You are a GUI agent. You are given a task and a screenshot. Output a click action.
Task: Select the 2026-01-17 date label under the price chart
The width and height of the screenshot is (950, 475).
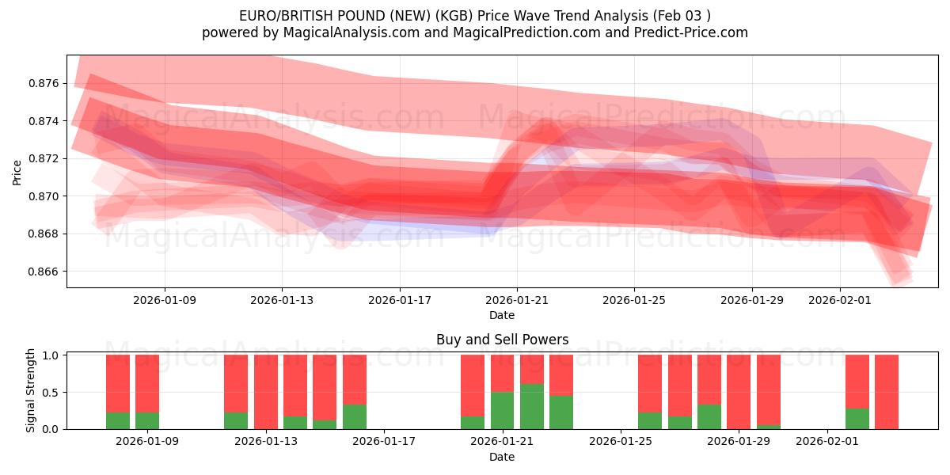tap(399, 300)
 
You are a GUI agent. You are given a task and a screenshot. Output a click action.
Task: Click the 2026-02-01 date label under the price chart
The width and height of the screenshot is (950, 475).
tap(840, 300)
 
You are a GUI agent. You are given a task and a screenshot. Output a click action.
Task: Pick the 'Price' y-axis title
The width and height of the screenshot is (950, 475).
tap(17, 173)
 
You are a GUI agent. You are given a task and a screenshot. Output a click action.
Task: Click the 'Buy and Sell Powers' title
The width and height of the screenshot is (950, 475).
tap(502, 340)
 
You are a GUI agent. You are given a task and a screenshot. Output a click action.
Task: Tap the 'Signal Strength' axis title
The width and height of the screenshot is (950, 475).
tap(31, 390)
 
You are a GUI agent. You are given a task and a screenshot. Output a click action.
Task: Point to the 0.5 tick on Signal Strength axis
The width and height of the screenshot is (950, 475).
tap(50, 393)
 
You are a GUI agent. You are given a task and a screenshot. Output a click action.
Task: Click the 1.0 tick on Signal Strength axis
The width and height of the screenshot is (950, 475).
tap(50, 355)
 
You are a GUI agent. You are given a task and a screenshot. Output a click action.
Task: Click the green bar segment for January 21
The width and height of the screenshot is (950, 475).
tap(502, 411)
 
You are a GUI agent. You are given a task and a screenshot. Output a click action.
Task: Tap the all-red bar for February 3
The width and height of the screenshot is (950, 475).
tap(887, 392)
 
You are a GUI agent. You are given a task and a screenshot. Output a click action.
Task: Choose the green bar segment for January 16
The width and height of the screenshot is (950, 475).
tap(355, 417)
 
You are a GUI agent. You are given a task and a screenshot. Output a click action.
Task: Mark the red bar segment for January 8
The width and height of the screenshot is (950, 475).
tap(118, 383)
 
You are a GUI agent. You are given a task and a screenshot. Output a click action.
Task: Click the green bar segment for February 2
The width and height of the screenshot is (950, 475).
tap(857, 419)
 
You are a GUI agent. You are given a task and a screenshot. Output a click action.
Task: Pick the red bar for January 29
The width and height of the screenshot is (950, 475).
tap(739, 392)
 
